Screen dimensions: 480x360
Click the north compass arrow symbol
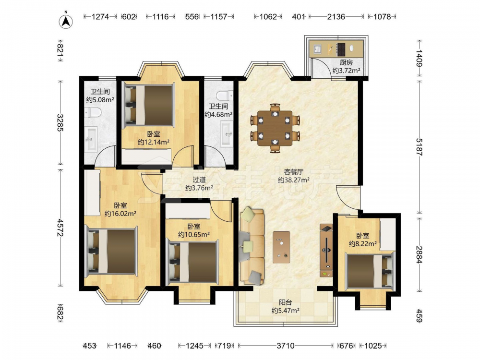pyautogui.click(x=65, y=21)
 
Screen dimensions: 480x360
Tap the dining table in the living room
pyautogui.click(x=275, y=128)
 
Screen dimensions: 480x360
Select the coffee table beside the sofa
pyautogui.click(x=281, y=247)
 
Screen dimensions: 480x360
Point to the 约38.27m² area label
pyautogui.click(x=294, y=180)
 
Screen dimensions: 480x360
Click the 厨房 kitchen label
pyautogui.click(x=346, y=62)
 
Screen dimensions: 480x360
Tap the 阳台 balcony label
pyautogui.click(x=285, y=302)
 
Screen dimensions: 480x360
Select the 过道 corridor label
pyautogui.click(x=199, y=180)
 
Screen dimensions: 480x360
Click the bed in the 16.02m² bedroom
pyautogui.click(x=111, y=251)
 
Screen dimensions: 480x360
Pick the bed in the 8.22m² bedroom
pyautogui.click(x=370, y=271)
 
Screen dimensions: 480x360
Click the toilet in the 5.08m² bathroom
pyautogui.click(x=93, y=113)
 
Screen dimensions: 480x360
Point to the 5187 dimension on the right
pyautogui.click(x=419, y=147)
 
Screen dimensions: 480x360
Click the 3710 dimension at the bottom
pyautogui.click(x=285, y=346)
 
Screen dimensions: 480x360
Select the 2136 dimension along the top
pyautogui.click(x=336, y=16)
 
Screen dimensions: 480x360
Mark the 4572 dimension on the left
pyautogui.click(x=60, y=228)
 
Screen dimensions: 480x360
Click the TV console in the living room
pyautogui.click(x=326, y=251)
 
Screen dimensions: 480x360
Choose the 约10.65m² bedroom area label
pyautogui.click(x=194, y=235)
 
